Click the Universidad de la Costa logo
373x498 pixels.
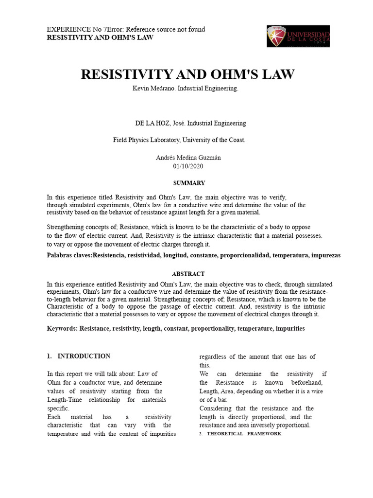click(x=298, y=36)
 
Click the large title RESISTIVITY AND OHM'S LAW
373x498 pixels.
click(x=187, y=74)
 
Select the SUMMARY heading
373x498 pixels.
click(x=189, y=183)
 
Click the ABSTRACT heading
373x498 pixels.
click(x=188, y=274)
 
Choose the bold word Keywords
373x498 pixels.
click(x=62, y=328)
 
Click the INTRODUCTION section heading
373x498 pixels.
click(x=84, y=356)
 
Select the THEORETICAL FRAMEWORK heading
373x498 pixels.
click(x=244, y=434)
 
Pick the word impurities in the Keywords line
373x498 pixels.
click(x=290, y=328)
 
